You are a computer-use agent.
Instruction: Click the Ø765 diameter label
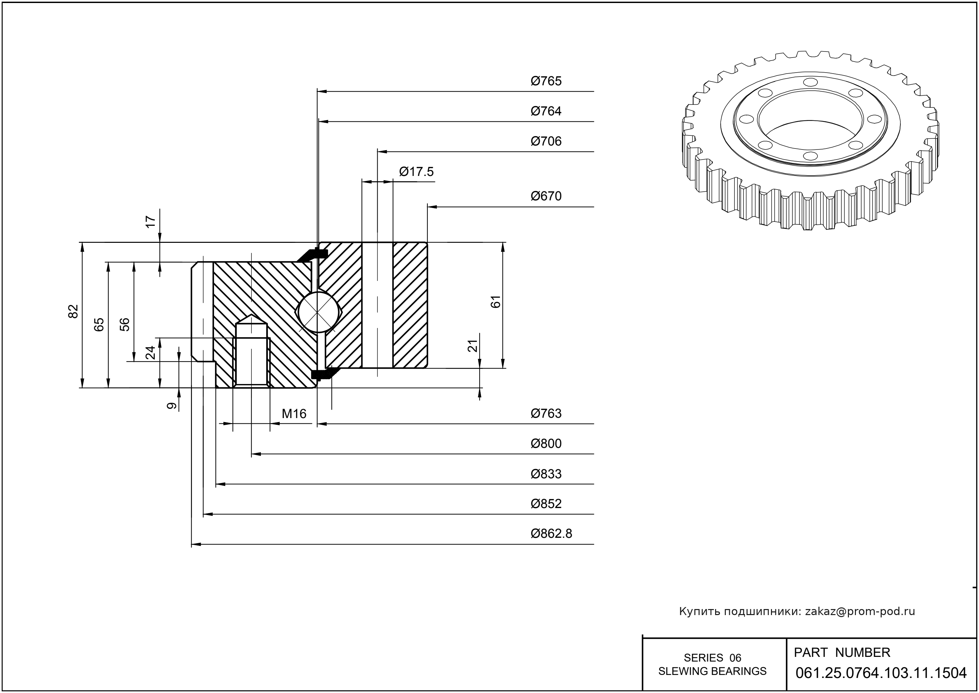546,81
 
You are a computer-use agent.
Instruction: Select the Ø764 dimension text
546,111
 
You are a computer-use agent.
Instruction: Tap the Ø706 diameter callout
546,141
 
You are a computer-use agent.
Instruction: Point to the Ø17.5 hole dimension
416,172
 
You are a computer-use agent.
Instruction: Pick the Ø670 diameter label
546,196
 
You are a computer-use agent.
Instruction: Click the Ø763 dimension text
546,413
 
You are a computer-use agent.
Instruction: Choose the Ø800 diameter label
546,444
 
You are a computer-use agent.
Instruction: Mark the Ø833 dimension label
546,474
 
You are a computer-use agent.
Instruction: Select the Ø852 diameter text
546,504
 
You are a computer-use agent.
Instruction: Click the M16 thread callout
294,414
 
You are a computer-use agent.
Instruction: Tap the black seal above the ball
314,255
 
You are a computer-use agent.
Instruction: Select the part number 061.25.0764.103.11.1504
881,673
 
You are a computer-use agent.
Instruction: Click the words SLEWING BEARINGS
712,671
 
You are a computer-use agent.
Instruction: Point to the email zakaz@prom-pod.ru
860,611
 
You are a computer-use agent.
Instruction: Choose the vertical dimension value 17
151,221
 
